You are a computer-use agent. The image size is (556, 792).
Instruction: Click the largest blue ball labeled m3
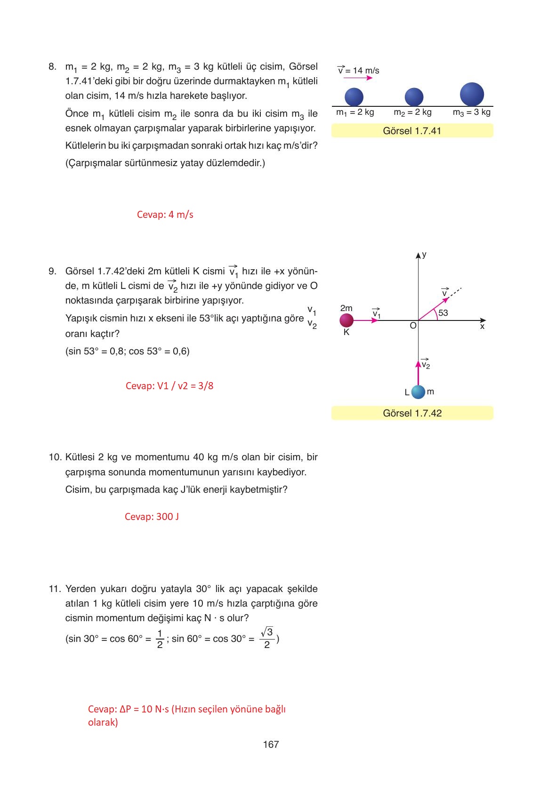tap(472, 94)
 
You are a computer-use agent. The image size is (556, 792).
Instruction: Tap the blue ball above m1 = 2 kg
tap(354, 97)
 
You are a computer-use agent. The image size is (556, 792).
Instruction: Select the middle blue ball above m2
tap(414, 97)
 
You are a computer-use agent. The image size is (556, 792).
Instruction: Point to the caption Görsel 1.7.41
tap(412, 131)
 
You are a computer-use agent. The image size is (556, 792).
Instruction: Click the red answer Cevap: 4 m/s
tap(165, 215)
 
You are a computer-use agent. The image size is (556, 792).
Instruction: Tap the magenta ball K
tap(346, 320)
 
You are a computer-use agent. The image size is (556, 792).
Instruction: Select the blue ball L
tap(418, 392)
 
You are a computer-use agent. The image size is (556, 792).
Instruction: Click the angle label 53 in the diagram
tap(443, 313)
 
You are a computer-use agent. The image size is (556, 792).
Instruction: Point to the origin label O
tap(413, 326)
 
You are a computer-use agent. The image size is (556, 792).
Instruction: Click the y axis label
tap(424, 255)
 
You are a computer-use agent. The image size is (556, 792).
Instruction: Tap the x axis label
tap(482, 326)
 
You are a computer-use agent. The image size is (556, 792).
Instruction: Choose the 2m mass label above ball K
tap(346, 308)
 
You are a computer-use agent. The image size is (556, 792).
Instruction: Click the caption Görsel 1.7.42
tap(412, 413)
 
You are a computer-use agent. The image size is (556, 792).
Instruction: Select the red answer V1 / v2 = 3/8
tap(169, 386)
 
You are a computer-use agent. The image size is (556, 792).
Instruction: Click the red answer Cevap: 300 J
tap(152, 517)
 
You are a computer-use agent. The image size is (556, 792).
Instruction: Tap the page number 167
tap(271, 744)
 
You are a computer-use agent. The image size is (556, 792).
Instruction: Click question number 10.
tap(55, 457)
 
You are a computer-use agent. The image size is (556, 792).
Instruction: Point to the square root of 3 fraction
tap(267, 638)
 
